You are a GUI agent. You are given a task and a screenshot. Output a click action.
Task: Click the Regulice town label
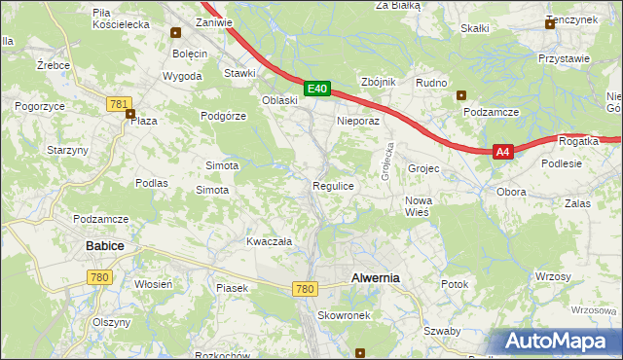pos(332,185)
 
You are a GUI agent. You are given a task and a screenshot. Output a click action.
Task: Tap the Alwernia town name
pos(375,277)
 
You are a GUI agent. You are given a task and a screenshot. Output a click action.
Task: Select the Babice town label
pos(105,246)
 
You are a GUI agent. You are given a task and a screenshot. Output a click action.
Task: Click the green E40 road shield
pos(316,89)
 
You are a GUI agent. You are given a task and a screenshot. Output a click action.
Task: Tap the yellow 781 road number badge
pos(120,103)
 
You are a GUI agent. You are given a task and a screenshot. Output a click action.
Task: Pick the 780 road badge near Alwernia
pos(305,289)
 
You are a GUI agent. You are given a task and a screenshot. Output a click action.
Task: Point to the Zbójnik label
pos(378,82)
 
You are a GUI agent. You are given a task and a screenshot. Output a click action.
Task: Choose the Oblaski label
pos(279,100)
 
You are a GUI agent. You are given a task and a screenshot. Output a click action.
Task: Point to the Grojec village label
pos(424,168)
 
